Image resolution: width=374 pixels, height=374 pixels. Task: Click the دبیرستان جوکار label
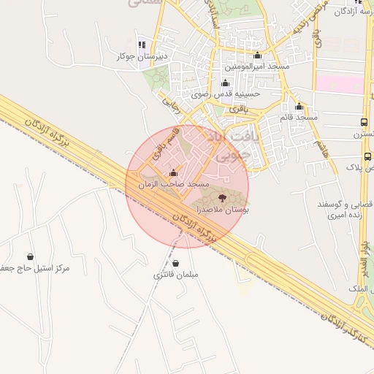[x=142, y=56]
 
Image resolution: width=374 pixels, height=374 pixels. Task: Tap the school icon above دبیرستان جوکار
[x=142, y=45]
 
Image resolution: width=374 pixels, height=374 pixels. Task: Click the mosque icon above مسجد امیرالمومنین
[x=257, y=55]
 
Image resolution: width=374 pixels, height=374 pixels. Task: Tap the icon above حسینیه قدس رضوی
[x=224, y=83]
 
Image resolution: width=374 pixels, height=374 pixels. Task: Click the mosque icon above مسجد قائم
[x=299, y=106]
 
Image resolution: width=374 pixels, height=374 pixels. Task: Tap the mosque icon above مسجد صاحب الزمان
[x=173, y=173]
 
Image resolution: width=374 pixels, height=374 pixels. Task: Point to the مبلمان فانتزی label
[x=175, y=275]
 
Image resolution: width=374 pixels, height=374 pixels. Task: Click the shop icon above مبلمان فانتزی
[x=175, y=264]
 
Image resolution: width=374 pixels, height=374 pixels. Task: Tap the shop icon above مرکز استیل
[x=30, y=256]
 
